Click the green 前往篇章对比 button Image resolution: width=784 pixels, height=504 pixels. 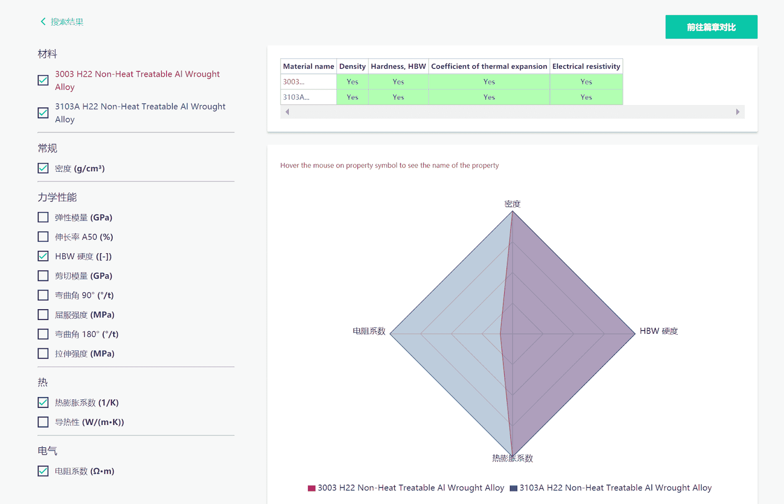click(711, 27)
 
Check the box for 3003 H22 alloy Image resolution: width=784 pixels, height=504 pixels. click(43, 80)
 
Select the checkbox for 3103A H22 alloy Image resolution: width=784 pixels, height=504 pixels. click(43, 113)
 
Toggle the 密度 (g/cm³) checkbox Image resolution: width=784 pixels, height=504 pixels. click(43, 168)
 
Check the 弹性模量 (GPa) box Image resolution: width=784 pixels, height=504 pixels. click(43, 217)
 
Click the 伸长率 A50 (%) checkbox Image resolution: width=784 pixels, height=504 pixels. click(43, 237)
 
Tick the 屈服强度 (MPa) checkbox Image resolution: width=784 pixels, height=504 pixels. click(43, 315)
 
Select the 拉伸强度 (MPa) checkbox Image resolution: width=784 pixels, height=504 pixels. click(43, 354)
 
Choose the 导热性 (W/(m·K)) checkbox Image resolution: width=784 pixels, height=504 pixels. click(43, 422)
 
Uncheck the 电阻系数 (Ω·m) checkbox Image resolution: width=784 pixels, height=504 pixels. click(43, 471)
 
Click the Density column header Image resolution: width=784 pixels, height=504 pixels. click(352, 66)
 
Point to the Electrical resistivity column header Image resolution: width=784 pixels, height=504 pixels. click(586, 66)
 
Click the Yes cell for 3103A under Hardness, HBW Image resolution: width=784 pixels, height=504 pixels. click(398, 97)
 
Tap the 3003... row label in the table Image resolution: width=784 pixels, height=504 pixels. click(294, 82)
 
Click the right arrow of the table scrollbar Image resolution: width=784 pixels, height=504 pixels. click(737, 112)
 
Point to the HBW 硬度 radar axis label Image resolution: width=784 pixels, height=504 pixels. click(659, 331)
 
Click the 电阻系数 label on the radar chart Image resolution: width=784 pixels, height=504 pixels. click(369, 331)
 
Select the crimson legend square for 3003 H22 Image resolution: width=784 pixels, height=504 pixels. click(312, 488)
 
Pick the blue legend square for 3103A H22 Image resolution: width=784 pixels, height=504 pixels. click(513, 488)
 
